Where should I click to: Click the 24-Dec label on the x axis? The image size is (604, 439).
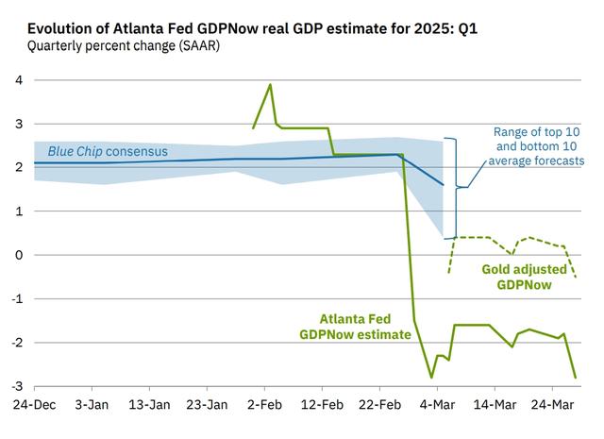(x=34, y=405)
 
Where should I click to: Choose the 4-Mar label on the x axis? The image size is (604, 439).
(x=437, y=405)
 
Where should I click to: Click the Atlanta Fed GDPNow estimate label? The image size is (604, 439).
(x=355, y=327)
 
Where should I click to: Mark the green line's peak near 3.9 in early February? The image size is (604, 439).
(x=271, y=85)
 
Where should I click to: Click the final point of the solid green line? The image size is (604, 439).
(x=575, y=378)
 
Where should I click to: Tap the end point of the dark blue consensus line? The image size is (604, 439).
(x=443, y=185)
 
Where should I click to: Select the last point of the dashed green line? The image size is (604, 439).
(x=575, y=277)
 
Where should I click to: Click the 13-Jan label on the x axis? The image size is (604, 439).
(x=148, y=405)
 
